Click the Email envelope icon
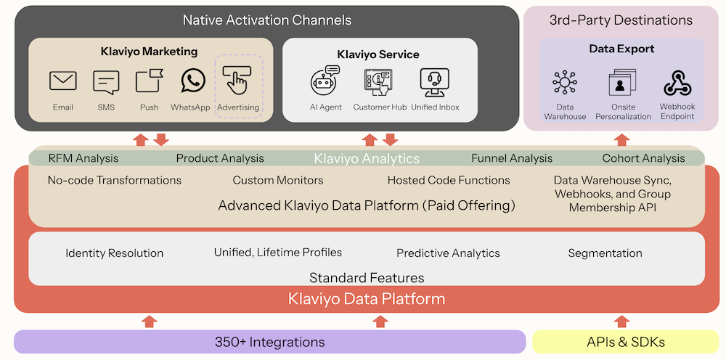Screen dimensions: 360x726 click(63, 81)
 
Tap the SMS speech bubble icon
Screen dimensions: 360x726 click(106, 82)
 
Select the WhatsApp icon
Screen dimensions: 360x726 click(193, 81)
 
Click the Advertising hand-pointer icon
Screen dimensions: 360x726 click(237, 80)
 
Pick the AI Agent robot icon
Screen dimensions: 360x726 click(325, 81)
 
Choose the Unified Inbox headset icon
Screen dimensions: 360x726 click(434, 82)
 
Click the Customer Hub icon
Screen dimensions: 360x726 click(378, 82)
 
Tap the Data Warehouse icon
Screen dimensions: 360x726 click(565, 83)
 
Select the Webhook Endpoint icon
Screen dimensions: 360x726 click(677, 83)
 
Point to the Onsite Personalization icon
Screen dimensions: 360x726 click(621, 83)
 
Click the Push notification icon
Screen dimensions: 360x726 click(149, 81)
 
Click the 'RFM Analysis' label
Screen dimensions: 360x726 click(83, 158)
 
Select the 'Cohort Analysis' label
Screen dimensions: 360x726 click(643, 158)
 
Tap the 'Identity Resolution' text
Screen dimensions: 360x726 click(114, 253)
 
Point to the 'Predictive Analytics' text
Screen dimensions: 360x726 click(448, 253)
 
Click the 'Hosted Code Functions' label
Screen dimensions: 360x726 click(448, 180)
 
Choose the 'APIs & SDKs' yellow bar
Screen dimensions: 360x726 click(625, 342)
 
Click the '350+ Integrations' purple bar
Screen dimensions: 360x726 click(269, 342)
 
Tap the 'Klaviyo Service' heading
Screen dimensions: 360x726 click(378, 54)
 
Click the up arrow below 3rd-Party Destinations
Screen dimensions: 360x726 click(621, 139)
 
